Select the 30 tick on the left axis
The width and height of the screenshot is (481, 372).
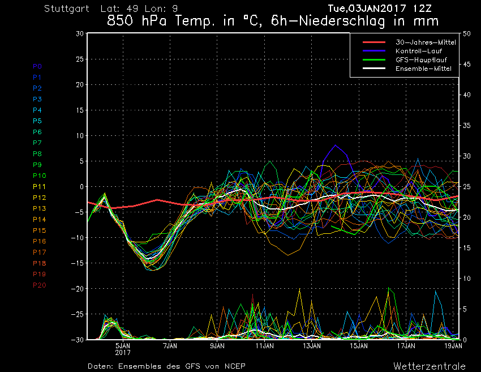(80, 33)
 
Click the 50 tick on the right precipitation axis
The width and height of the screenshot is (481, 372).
(467, 33)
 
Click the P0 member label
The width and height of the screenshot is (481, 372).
(37, 66)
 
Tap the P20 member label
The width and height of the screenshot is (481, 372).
(40, 285)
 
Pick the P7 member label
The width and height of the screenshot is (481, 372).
(37, 143)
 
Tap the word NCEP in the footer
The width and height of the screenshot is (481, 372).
(233, 366)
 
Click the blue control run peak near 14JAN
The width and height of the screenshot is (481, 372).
(336, 146)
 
